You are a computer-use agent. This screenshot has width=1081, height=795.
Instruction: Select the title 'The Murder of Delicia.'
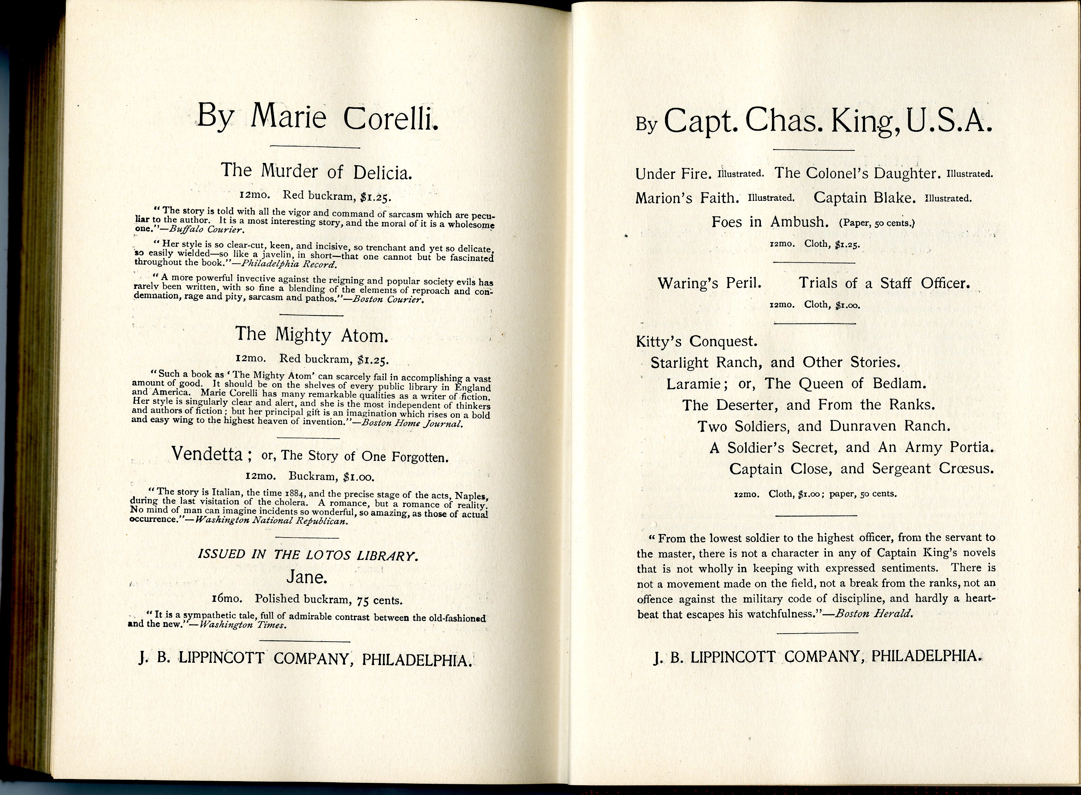316,171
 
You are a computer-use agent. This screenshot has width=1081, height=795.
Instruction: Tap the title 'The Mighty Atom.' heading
311,335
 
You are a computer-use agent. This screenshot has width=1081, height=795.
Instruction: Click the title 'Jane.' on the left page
307,577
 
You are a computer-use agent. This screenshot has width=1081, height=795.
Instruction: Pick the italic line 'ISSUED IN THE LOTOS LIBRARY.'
308,555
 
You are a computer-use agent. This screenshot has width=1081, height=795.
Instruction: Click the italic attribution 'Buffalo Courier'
204,230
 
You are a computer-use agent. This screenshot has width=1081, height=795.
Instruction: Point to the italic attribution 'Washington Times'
243,626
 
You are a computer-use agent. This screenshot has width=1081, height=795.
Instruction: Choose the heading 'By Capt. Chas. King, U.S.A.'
814,121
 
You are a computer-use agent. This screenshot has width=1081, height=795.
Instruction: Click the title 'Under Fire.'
673,174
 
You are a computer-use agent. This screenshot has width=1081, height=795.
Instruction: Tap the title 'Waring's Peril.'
710,283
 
